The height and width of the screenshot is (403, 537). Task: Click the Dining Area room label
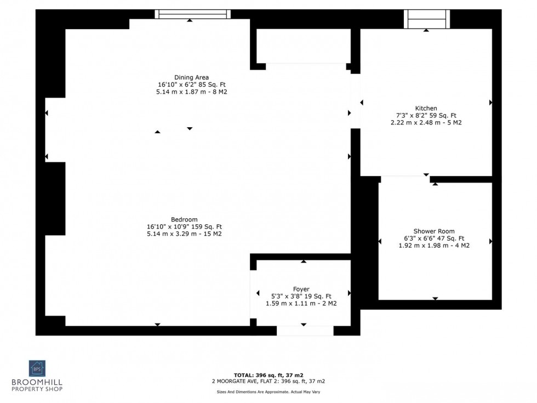pos(191,77)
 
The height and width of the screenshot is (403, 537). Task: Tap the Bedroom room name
pos(184,219)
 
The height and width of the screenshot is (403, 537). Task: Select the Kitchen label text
pos(426,108)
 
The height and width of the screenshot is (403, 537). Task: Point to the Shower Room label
pos(433,231)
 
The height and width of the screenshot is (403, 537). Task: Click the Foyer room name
pos(301,289)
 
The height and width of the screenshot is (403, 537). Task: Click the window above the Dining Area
pos(192,14)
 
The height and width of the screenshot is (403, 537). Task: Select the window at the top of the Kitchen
pos(426,19)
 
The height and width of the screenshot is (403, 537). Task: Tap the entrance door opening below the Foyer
pos(305,330)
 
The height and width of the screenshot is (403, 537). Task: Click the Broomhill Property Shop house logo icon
pos(38,368)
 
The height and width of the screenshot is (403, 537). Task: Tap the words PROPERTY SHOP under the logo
pos(38,389)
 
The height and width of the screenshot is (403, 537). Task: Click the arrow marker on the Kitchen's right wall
pos(490,103)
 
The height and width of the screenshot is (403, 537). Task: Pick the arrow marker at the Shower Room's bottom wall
pos(435,298)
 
